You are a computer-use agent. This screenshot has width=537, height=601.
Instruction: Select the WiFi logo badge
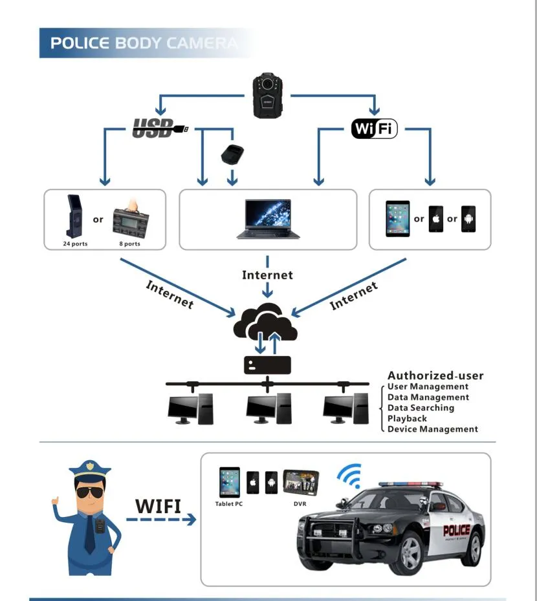pos(374,128)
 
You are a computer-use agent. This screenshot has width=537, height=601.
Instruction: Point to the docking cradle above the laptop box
pos(232,155)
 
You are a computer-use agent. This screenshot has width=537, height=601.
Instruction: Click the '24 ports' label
pos(75,244)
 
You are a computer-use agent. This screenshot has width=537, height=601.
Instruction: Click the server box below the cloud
pos(267,365)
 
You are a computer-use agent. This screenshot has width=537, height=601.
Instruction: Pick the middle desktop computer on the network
pos(267,409)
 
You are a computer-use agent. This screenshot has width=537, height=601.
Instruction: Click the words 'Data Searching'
pos(421,408)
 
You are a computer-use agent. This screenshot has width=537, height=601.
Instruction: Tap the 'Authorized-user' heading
pos(435,375)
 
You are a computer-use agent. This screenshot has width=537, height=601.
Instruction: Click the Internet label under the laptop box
pos(267,275)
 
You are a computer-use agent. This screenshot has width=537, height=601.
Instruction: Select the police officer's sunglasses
pos(89,493)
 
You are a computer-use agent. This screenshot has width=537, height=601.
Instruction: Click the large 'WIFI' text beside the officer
pos(159,505)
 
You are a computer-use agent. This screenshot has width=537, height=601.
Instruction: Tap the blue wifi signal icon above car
pos(349,477)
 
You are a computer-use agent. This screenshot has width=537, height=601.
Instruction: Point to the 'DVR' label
pos(300,503)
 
